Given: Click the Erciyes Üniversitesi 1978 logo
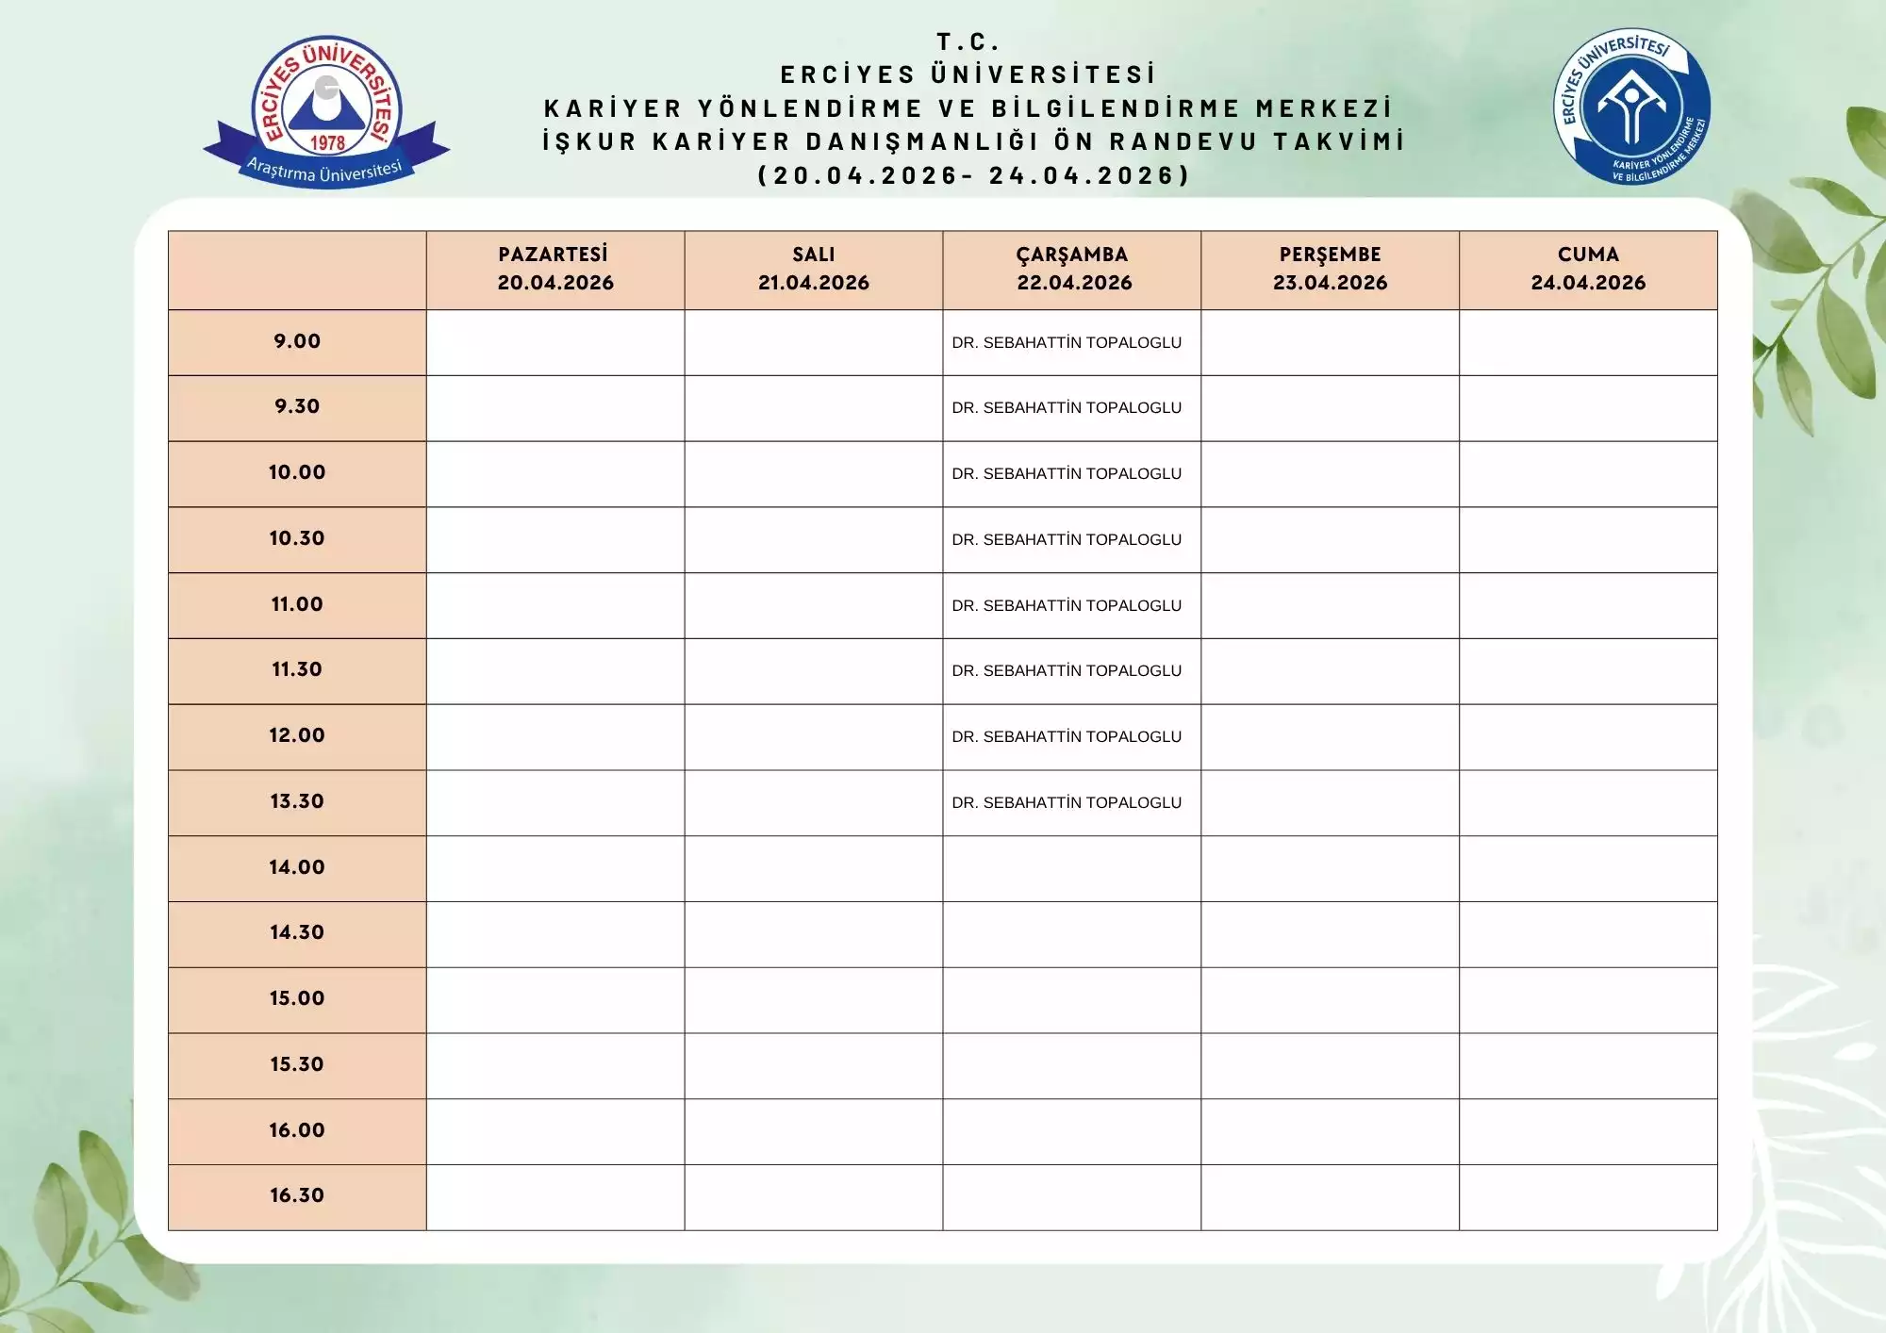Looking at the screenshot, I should tap(326, 111).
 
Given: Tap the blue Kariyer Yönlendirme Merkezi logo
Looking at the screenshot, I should tap(1631, 106).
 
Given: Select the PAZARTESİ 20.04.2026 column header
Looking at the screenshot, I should tap(554, 269).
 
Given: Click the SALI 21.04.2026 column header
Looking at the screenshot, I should tap(813, 269).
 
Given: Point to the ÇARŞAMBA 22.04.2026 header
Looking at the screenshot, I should tap(1072, 269).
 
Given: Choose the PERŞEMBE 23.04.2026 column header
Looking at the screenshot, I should tap(1330, 269).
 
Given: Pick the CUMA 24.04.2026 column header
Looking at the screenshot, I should tap(1588, 269).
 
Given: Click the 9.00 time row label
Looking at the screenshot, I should tap(297, 341).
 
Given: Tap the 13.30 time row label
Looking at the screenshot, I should tap(297, 801).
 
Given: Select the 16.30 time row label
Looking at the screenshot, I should tap(297, 1195).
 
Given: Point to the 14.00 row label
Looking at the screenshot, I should tap(297, 867).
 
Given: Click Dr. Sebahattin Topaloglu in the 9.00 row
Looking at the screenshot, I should tap(1067, 343).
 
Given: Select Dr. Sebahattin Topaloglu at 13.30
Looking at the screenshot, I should tap(1067, 803).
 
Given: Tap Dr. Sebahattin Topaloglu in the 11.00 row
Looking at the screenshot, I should tap(1067, 606).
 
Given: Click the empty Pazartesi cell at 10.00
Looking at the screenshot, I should tap(554, 474).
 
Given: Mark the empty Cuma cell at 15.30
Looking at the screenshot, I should tap(1588, 1065).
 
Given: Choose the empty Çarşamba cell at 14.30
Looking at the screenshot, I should tap(1072, 934).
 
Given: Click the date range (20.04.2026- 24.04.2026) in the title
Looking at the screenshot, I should tap(974, 175).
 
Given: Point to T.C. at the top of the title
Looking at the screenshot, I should tap(968, 42).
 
